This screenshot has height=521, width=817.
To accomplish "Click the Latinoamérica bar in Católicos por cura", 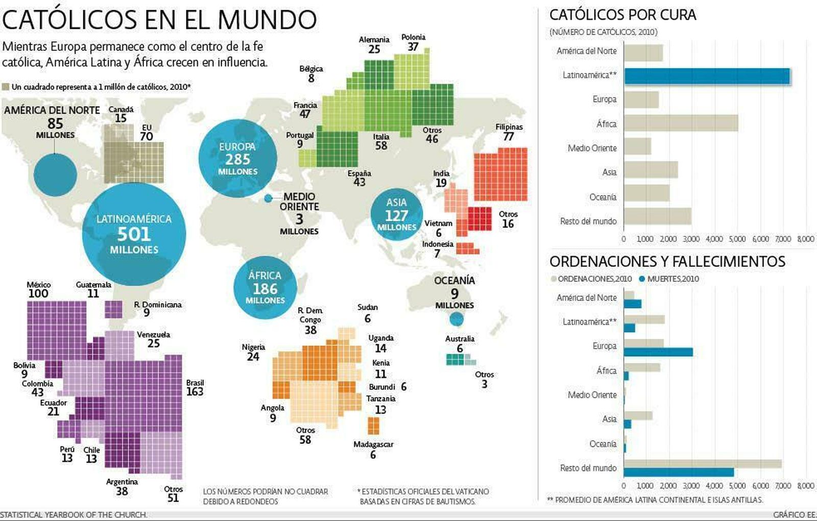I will (707, 76).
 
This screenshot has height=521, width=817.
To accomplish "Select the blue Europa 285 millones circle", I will (237, 159).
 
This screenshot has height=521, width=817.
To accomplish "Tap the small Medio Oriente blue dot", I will (268, 199).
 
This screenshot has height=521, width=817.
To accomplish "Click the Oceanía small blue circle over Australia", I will (456, 319).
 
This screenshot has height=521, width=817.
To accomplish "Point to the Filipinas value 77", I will (508, 136).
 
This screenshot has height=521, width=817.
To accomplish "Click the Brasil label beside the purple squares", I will (195, 383).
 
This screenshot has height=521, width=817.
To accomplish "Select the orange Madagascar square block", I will (373, 426).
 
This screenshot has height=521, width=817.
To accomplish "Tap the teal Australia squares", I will (458, 359).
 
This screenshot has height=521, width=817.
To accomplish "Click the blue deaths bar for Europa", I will (658, 352).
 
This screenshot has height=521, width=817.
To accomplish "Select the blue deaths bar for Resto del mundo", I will (679, 472).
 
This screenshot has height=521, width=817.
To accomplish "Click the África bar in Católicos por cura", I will (681, 123).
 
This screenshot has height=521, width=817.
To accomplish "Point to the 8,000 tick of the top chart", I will (805, 239).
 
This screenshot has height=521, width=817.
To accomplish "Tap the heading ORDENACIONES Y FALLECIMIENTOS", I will (667, 261).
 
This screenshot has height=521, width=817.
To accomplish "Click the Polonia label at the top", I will (413, 37).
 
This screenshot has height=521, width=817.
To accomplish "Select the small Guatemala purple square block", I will (113, 309).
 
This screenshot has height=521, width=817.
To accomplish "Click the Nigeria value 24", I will (253, 357).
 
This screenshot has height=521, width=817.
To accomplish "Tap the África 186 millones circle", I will (265, 288).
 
